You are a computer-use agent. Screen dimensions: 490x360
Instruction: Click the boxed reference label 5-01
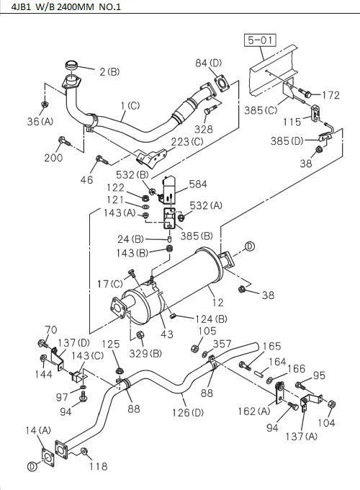(x=259, y=41)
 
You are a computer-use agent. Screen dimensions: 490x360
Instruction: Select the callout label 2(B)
(x=109, y=71)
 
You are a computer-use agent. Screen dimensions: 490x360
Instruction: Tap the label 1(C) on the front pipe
(x=130, y=106)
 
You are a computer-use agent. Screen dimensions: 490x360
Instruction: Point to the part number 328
(x=204, y=129)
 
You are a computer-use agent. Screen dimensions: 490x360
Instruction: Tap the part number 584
(x=198, y=184)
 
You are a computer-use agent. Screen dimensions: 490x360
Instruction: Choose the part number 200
(x=53, y=157)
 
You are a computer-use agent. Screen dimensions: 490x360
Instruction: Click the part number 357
(x=222, y=344)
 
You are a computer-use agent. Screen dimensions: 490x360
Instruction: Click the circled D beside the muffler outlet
(x=250, y=246)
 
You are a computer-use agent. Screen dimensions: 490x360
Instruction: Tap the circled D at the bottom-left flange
(x=32, y=466)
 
